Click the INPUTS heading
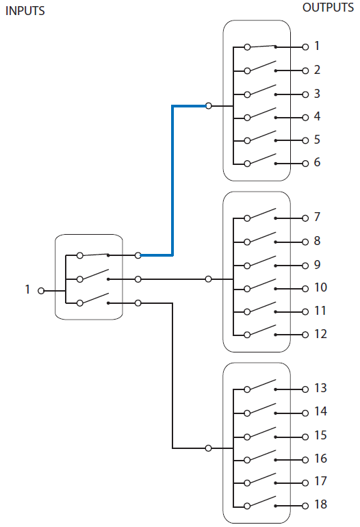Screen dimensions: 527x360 point(25,12)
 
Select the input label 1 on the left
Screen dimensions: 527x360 point(28,290)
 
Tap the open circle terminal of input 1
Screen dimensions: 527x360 point(41,290)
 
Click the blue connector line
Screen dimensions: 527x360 point(172,178)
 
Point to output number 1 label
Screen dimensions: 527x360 point(317,47)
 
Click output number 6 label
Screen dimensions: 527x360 point(317,163)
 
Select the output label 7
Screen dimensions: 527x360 point(317,218)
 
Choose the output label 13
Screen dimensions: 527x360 point(320,389)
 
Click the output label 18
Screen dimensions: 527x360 point(320,505)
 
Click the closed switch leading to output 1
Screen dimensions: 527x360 point(261,47)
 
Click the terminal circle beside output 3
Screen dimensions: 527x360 point(305,94)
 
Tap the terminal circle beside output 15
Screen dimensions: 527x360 point(305,436)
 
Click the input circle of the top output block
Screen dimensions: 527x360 point(209,106)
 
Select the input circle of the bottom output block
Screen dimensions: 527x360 point(209,448)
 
